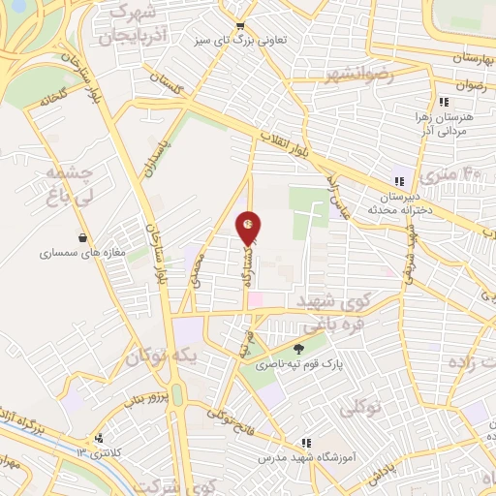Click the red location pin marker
point(249,227)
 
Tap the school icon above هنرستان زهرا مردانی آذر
point(444,102)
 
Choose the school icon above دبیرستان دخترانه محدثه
point(399,180)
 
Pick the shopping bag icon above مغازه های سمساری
point(83,237)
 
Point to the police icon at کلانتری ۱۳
point(98,439)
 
